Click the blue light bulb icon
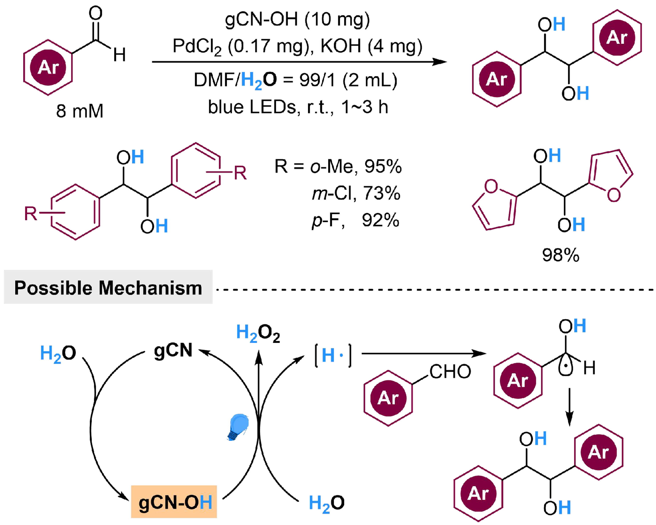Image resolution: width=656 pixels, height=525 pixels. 238,426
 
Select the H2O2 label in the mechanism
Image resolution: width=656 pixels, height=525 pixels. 258,333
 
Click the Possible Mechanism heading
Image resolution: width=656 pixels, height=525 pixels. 108,288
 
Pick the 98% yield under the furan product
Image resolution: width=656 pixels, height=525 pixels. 560,255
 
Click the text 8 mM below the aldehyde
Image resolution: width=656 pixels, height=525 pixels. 80,111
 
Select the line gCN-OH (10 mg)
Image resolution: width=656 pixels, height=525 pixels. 297,20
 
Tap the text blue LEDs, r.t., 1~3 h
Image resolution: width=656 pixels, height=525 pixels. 298,107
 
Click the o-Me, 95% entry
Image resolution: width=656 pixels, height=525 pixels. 355,167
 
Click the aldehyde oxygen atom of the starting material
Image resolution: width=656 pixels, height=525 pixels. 96,14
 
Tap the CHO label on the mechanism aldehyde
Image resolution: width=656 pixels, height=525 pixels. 450,372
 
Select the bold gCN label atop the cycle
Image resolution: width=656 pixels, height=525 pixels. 173,350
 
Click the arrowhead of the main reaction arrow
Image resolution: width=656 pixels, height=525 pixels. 440,62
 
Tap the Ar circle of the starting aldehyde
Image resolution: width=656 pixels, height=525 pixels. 48,68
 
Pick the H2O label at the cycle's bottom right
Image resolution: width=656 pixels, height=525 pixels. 327,503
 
